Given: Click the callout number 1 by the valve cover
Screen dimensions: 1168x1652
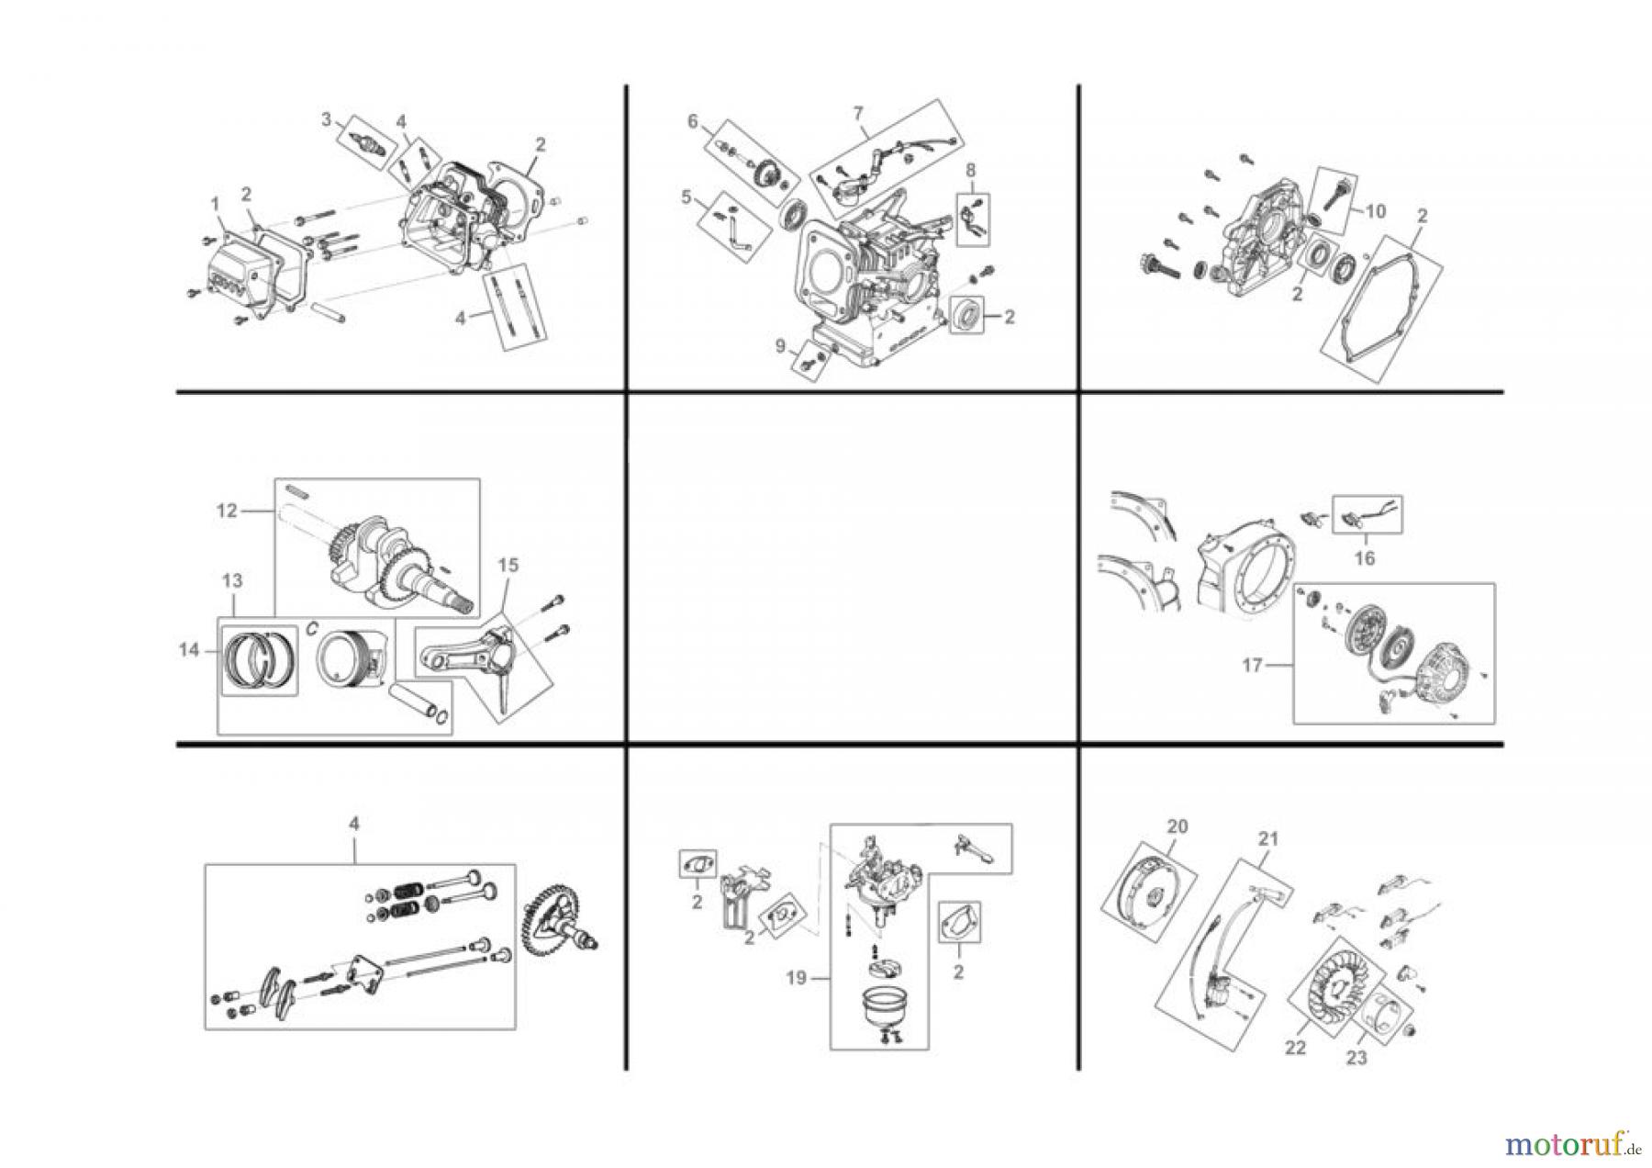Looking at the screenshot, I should pos(215,201).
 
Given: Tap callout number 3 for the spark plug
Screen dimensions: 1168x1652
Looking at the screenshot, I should pos(325,119).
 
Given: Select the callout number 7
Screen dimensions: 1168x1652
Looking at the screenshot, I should pos(858,113).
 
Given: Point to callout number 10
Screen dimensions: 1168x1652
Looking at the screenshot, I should pos(1375,211).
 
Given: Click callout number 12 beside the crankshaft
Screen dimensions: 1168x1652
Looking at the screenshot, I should pos(227,511).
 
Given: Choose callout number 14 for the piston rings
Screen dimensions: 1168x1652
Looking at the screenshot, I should pos(189,650).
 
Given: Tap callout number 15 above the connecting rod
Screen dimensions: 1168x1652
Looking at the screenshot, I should pos(508,566).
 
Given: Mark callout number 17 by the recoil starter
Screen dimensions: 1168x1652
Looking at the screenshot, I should pos(1252,666).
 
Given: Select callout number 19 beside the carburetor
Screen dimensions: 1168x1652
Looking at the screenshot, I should pos(796,978).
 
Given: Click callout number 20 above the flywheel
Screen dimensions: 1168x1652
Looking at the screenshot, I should pos(1177,826).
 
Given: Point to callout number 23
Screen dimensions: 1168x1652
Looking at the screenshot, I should pos(1356,1058).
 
